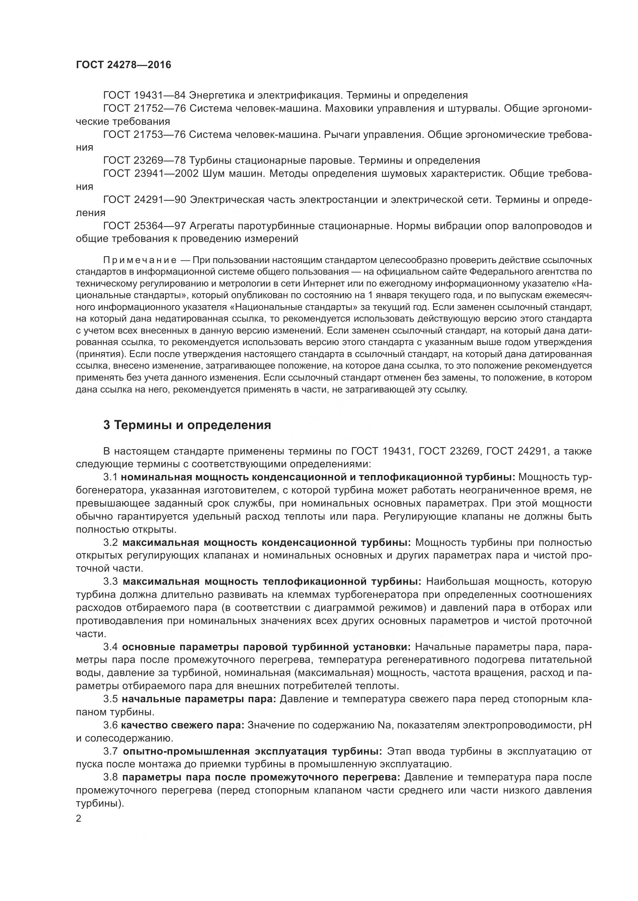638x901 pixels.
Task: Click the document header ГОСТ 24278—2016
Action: [123, 65]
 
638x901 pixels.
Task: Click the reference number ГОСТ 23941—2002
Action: [151, 173]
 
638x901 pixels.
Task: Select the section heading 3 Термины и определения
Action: [187, 425]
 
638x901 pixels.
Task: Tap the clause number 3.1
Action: [110, 477]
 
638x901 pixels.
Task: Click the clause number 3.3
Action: [110, 582]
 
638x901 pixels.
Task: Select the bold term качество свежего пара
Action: [183, 725]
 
